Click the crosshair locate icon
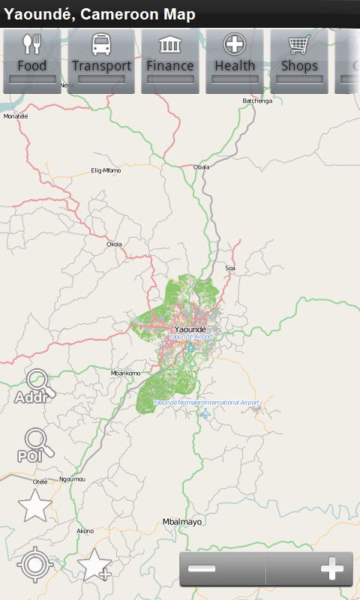(34, 565)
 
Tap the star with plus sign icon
(94, 565)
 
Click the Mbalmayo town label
(182, 521)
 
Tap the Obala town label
(201, 166)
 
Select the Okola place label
(114, 244)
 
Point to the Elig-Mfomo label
(106, 170)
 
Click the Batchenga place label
(257, 100)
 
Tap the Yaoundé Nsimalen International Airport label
(206, 403)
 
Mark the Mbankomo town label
(125, 373)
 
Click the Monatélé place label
(16, 116)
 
